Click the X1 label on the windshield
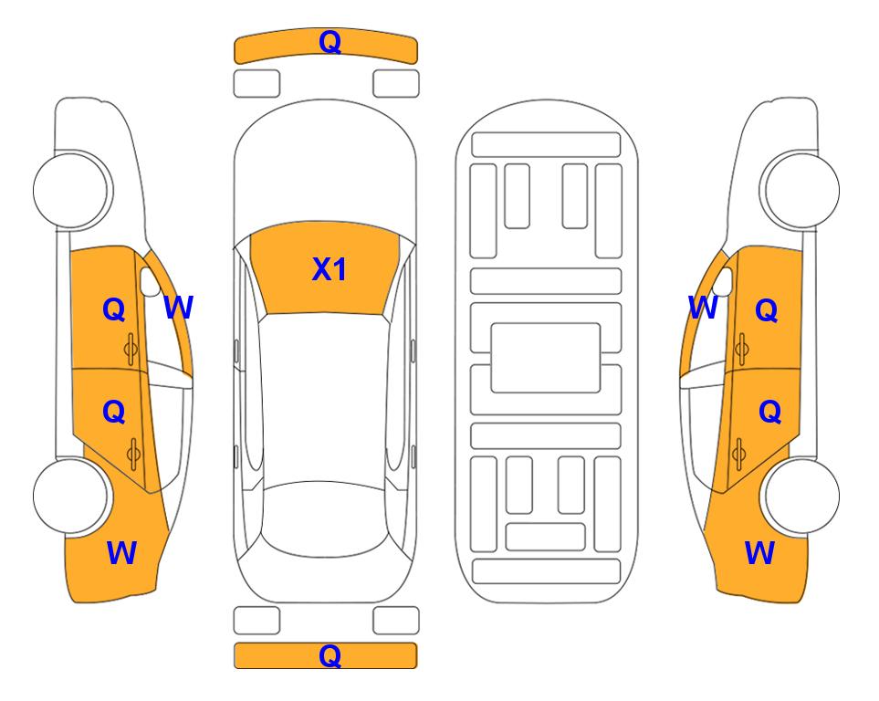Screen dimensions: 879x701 pos(330,269)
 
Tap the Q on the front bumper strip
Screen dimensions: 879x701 pos(330,41)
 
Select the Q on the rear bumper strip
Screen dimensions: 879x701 pos(330,655)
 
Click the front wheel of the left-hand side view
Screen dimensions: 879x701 pos(71,190)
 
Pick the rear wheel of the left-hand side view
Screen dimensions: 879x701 pos(71,496)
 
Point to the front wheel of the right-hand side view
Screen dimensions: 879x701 pos(801,190)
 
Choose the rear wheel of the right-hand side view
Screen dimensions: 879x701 pos(801,496)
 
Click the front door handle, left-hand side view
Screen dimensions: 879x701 pos(131,349)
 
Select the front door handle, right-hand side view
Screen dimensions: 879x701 pos(741,349)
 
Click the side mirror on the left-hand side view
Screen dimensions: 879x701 pos(150,281)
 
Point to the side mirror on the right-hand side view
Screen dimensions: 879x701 pos(723,281)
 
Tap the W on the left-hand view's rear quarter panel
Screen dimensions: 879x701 pos(121,553)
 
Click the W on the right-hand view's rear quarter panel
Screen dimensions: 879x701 pos(759,553)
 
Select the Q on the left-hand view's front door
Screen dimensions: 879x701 pos(114,309)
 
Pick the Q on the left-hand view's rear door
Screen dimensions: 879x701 pos(114,413)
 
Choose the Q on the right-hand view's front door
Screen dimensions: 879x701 pos(767,309)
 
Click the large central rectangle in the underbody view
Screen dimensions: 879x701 pos(546,358)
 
